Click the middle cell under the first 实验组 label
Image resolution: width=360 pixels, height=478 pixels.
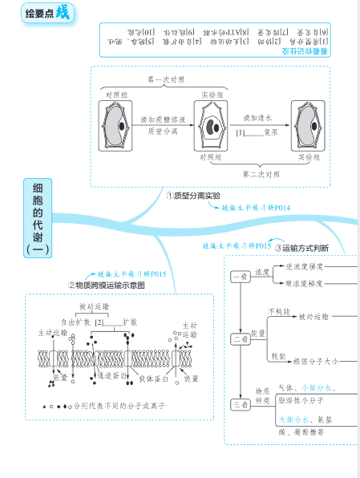[x=212, y=128]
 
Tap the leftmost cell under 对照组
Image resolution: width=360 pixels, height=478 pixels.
[x=117, y=128]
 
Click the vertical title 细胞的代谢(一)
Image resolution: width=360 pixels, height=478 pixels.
[x=38, y=218]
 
